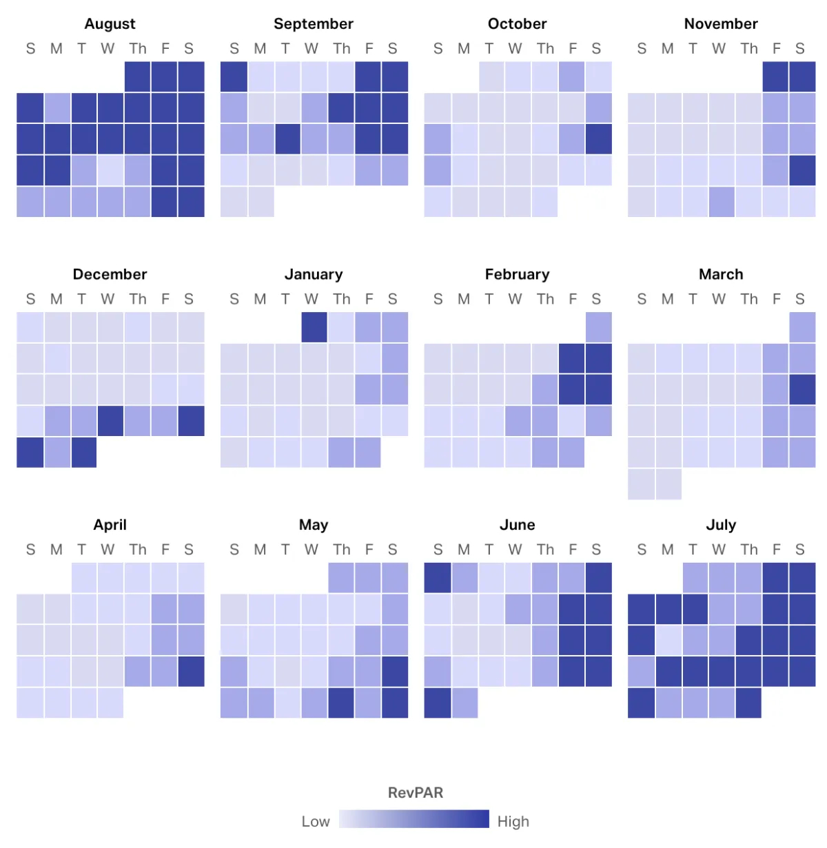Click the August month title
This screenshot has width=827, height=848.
110,23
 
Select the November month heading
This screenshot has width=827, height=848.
720,23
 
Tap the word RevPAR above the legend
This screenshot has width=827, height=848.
415,792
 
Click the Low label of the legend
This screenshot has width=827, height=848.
316,821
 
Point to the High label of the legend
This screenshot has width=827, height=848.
513,821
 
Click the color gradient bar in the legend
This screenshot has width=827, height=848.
413,819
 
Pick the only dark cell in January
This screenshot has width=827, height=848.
314,327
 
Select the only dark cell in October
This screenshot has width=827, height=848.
598,139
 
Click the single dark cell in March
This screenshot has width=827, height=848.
802,389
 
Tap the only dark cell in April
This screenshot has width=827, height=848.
191,671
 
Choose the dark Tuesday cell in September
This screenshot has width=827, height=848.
287,139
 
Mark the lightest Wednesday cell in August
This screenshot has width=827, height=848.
110,170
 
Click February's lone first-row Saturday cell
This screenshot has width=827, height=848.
598,327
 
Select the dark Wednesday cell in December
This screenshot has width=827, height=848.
110,421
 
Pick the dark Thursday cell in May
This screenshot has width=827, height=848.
341,703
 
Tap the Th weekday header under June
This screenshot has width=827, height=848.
545,550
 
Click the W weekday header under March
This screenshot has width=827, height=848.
719,299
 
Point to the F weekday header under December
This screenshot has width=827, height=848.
165,299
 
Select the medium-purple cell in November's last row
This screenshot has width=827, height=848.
722,202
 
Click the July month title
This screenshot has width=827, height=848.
720,525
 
